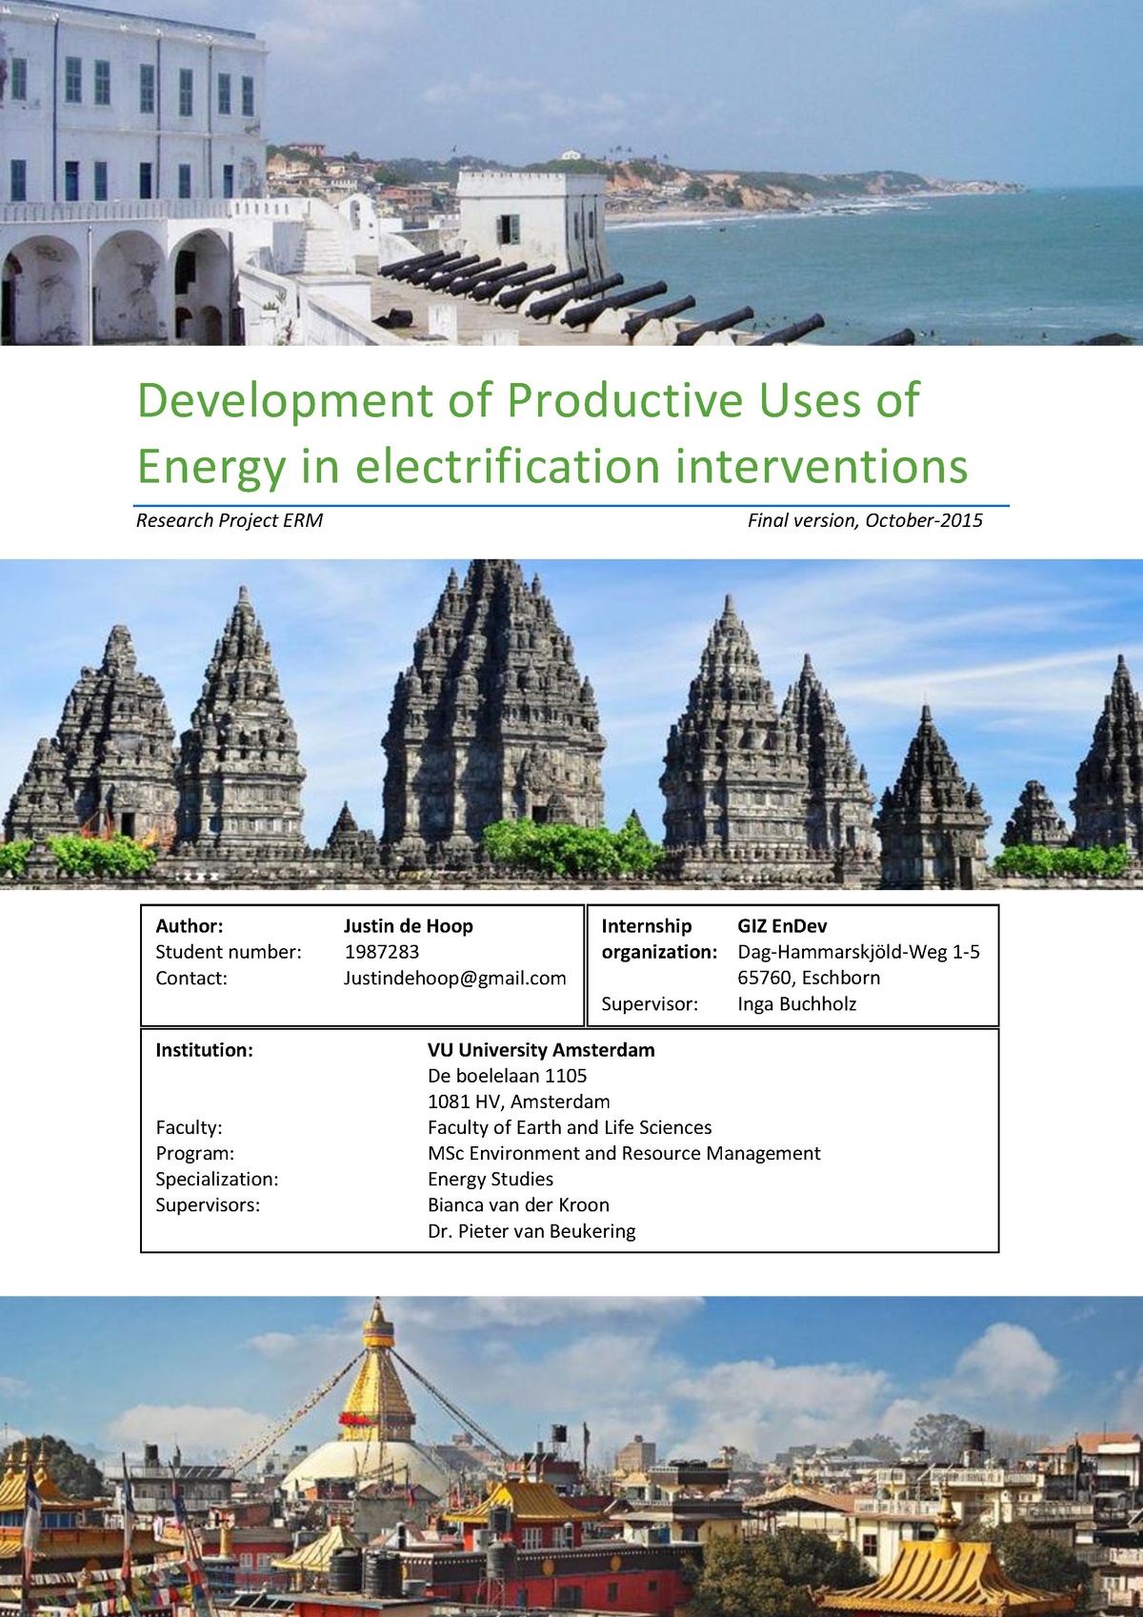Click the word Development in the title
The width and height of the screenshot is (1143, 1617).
pos(285,401)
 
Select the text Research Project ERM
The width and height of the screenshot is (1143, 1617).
pos(230,520)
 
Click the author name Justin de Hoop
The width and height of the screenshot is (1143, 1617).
pos(408,926)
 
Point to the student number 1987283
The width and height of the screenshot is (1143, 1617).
pos(381,952)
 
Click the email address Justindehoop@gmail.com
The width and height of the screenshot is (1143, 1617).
pos(454,978)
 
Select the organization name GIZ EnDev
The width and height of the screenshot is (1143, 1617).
pos(782,926)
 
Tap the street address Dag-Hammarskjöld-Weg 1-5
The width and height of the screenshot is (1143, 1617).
pos(858,952)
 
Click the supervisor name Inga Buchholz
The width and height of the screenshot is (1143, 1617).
pos(796,1003)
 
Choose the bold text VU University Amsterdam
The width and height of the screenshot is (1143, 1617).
pos(541,1050)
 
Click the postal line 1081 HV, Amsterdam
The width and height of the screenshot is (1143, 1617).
pos(519,1102)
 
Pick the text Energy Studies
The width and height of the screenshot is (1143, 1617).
pos(491,1179)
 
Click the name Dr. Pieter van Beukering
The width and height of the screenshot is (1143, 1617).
pos(531,1231)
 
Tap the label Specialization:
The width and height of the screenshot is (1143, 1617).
pos(217,1179)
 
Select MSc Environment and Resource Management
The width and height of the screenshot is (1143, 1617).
pos(624,1153)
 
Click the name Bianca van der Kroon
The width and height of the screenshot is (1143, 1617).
pos(518,1205)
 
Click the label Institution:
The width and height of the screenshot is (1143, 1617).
pos(204,1050)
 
